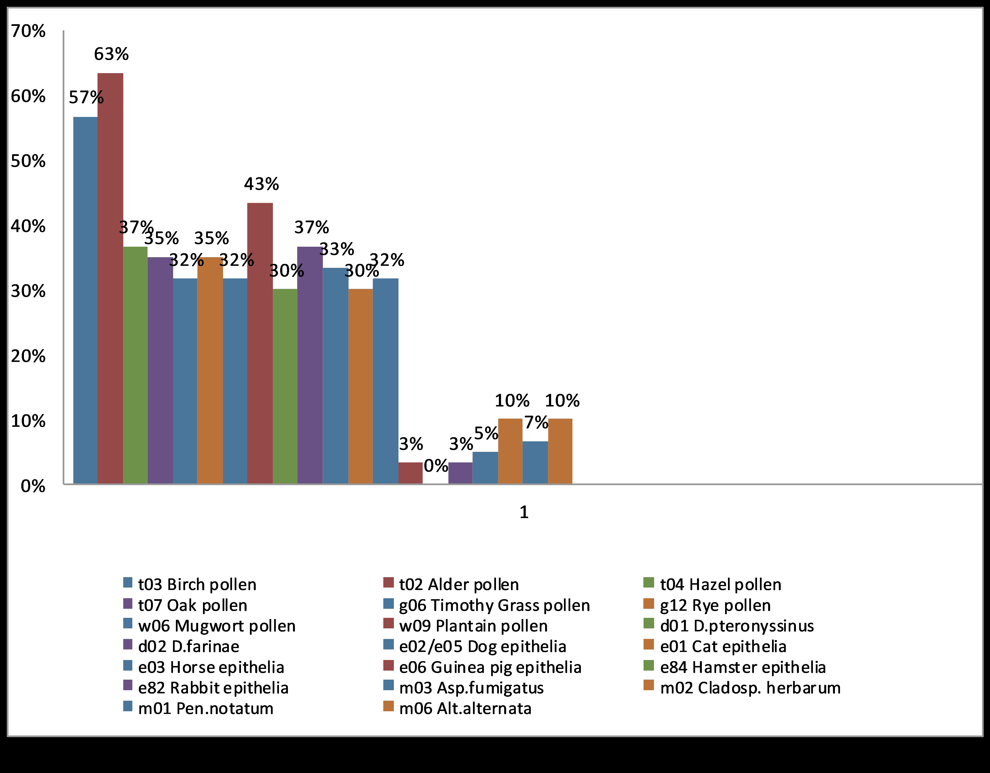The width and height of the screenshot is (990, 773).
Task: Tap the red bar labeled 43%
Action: pyautogui.click(x=260, y=343)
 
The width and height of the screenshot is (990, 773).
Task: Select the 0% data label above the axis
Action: pyautogui.click(x=436, y=466)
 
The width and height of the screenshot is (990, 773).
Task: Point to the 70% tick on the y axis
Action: pyautogui.click(x=28, y=31)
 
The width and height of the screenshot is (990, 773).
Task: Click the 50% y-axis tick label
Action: pyautogui.click(x=28, y=161)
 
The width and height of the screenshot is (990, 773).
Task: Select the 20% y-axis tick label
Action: pyautogui.click(x=28, y=357)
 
